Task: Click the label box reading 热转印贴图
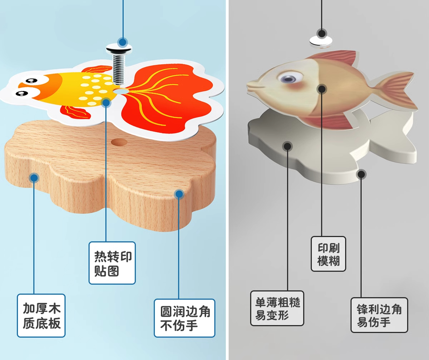(x=112, y=263)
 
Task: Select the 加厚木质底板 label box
(x=41, y=315)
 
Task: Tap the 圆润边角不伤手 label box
(x=184, y=318)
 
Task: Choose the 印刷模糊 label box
(x=328, y=254)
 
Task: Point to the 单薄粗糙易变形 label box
(x=277, y=308)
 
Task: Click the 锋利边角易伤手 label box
(x=379, y=315)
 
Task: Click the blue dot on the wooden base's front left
(x=34, y=177)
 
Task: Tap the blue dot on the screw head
(x=123, y=42)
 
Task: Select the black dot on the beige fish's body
(x=322, y=89)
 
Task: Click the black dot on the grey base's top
(x=287, y=146)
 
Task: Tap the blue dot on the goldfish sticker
(x=106, y=103)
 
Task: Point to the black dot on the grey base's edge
(x=361, y=174)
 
